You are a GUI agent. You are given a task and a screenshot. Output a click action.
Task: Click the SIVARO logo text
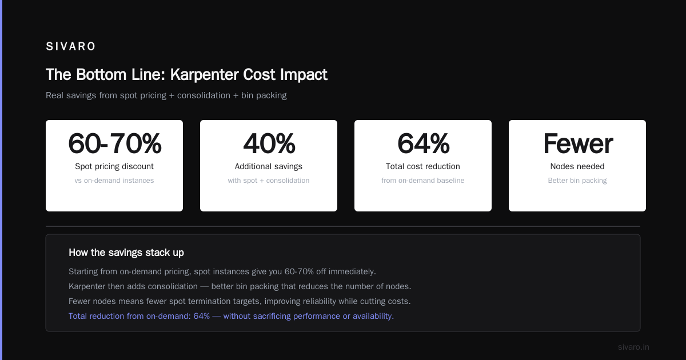tap(71, 46)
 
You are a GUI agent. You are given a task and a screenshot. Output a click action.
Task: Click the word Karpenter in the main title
tap(204, 75)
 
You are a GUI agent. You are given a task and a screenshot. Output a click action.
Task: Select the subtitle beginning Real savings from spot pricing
tap(166, 95)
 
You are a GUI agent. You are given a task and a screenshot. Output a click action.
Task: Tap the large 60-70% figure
tap(114, 143)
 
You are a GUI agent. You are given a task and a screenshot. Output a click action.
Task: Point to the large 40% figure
tap(269, 143)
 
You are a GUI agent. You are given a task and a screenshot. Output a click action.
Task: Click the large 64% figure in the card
tap(423, 143)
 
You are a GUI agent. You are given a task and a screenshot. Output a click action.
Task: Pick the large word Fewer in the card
tap(578, 143)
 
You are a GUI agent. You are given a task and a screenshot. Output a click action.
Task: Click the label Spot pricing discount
tap(114, 166)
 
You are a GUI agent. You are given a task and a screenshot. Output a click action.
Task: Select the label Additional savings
tap(269, 166)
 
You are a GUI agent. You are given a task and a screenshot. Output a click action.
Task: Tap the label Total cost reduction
tap(423, 166)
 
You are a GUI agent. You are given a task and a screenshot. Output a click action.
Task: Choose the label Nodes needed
tap(577, 166)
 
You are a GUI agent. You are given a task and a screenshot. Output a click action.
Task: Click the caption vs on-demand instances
tap(114, 181)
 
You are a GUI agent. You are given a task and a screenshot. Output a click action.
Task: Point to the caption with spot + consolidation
tap(269, 181)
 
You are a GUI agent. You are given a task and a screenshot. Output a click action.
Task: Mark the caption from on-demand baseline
tap(423, 181)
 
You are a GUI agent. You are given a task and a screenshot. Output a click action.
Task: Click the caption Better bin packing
tap(577, 181)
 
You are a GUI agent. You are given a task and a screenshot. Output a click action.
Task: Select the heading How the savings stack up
tap(126, 253)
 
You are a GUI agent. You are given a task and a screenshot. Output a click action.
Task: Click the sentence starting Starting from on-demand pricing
tap(222, 272)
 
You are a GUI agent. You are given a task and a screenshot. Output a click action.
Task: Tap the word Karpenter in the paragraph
tap(87, 286)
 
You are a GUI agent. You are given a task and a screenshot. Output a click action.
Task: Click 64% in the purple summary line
tap(201, 316)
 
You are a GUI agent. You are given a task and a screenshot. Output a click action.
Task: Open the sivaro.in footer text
tap(633, 347)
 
